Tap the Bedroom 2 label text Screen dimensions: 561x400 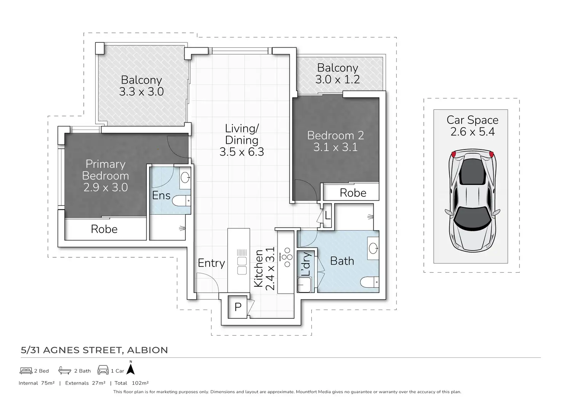click(335, 136)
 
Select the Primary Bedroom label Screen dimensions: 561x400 click(106, 170)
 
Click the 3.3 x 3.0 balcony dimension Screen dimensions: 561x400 click(141, 92)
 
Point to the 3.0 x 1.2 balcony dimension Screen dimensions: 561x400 click(338, 80)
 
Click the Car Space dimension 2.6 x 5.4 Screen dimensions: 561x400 click(473, 132)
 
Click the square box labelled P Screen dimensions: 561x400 click(237, 307)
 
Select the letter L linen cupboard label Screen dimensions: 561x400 click(328, 215)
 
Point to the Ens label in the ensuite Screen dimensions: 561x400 click(161, 196)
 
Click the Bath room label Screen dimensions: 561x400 click(342, 261)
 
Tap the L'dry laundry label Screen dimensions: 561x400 click(306, 264)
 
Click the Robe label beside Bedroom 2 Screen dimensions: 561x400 click(353, 193)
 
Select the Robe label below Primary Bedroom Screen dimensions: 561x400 click(104, 229)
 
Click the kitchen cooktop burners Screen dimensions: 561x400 click(286, 257)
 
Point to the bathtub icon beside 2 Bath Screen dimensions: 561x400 click(65, 370)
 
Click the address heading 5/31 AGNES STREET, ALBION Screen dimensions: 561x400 click(94, 350)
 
